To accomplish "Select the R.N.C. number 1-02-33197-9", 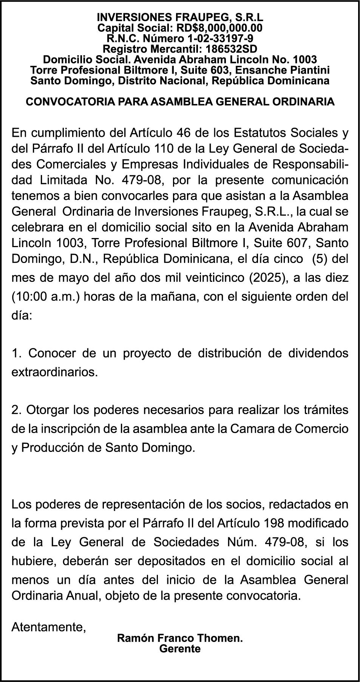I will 220,39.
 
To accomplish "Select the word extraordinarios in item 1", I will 55,372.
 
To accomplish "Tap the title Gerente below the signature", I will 180,649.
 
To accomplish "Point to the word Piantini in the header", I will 311,70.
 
